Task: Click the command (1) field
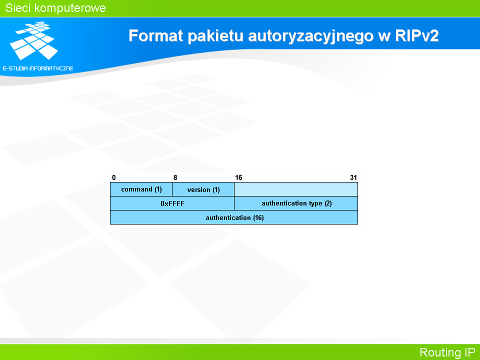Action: (x=141, y=189)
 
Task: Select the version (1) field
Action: (x=203, y=189)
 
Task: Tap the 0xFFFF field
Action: (x=172, y=203)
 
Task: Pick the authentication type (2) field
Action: (x=296, y=203)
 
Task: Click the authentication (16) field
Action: (x=234, y=217)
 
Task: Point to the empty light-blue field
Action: (x=296, y=189)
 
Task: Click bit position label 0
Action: (x=114, y=177)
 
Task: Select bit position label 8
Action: (x=175, y=177)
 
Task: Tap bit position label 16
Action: (x=238, y=177)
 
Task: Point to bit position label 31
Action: (x=353, y=177)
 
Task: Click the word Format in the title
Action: (x=155, y=35)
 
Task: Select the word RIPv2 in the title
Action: (x=417, y=35)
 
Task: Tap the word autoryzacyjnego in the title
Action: (x=310, y=36)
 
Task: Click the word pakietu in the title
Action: (x=215, y=36)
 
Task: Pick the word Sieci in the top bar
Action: (x=18, y=8)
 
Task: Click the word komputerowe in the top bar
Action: (x=70, y=8)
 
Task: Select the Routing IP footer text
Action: (x=447, y=352)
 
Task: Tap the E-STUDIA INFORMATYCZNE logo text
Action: (x=38, y=68)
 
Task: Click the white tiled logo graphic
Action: (x=33, y=40)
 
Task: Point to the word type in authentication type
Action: (x=315, y=203)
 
